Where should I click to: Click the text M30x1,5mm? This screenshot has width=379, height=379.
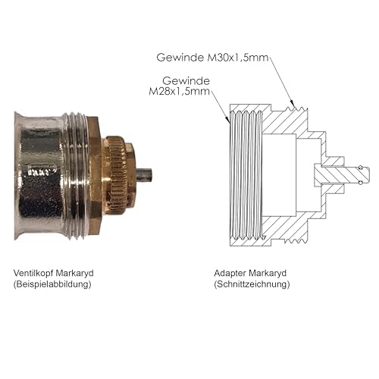pos(237,58)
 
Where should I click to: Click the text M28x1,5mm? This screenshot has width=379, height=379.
pos(180,91)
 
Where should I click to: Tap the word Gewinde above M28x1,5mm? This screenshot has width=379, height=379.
pos(186,81)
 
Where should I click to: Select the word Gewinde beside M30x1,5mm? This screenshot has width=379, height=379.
pos(180,58)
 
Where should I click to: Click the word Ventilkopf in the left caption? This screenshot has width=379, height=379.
pos(33,273)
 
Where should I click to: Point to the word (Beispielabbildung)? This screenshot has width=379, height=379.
pos(52,284)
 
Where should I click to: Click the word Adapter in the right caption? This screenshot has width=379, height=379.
pos(230,273)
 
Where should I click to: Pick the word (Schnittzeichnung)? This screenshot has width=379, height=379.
pos(252,284)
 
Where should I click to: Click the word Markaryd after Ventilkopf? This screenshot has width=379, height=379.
pos(74,274)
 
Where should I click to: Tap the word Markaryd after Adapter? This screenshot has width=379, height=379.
pos(268,274)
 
